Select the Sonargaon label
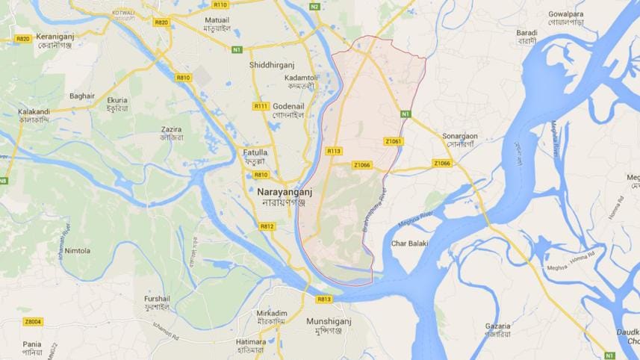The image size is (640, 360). [460, 136]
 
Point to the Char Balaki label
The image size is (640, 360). [409, 243]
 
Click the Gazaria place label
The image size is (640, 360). [497, 326]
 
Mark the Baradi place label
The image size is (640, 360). [526, 33]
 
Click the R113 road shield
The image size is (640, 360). [334, 151]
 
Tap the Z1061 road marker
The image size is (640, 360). [393, 140]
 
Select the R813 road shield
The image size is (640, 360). [323, 299]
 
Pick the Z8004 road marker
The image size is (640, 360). [33, 322]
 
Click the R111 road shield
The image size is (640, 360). [261, 106]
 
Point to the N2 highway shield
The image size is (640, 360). [314, 7]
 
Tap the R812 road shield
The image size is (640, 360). [267, 226]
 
